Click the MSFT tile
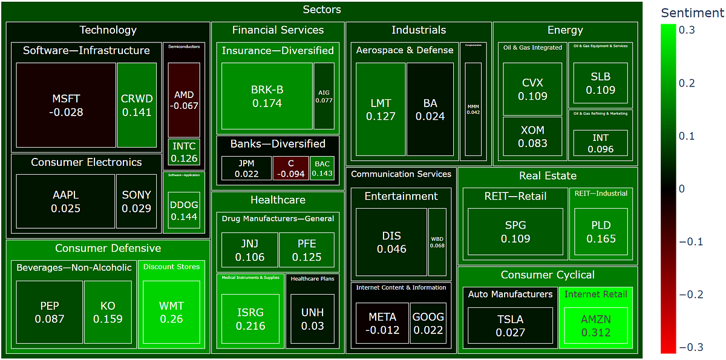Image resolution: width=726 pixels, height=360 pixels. click(67, 105)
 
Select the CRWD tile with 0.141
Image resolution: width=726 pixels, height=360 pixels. click(137, 105)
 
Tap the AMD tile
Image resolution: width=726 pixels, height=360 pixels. click(184, 100)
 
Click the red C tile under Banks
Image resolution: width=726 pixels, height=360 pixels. click(290, 168)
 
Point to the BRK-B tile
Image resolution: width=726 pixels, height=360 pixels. click(267, 96)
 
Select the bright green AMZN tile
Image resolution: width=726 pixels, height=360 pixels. click(595, 326)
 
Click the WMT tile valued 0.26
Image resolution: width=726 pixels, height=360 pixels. click(172, 312)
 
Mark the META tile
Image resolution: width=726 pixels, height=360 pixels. click(382, 323)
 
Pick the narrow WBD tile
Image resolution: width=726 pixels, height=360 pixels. click(437, 242)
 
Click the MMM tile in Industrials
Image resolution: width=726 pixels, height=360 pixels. click(473, 110)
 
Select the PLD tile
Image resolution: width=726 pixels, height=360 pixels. click(601, 232)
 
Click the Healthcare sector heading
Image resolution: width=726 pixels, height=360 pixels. click(278, 200)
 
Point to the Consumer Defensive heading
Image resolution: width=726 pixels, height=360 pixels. click(108, 248)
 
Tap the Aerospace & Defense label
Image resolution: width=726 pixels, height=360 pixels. click(404, 50)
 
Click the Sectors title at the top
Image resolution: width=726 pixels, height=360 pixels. click(321, 10)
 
